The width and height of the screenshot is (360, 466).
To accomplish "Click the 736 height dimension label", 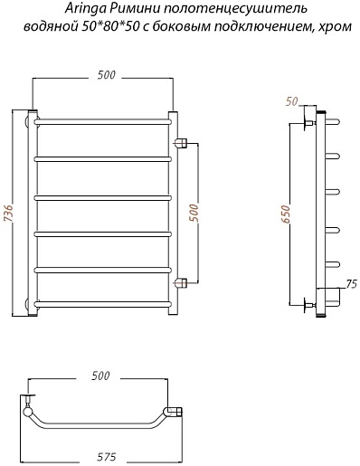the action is point(9,214).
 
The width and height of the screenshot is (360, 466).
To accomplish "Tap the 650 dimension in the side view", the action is point(286,214).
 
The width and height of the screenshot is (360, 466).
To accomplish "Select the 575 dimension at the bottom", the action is point(107,457).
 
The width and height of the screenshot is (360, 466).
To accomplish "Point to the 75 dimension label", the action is point(351,284).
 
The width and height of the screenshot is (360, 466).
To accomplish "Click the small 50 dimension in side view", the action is point(291,101).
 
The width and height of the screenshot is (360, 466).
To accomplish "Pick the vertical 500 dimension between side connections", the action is point(195,213).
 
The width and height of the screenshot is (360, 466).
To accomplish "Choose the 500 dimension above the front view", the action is point(106,75).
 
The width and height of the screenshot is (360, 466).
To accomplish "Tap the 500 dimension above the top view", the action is point(100,376).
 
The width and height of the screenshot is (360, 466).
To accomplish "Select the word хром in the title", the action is point(338,26).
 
